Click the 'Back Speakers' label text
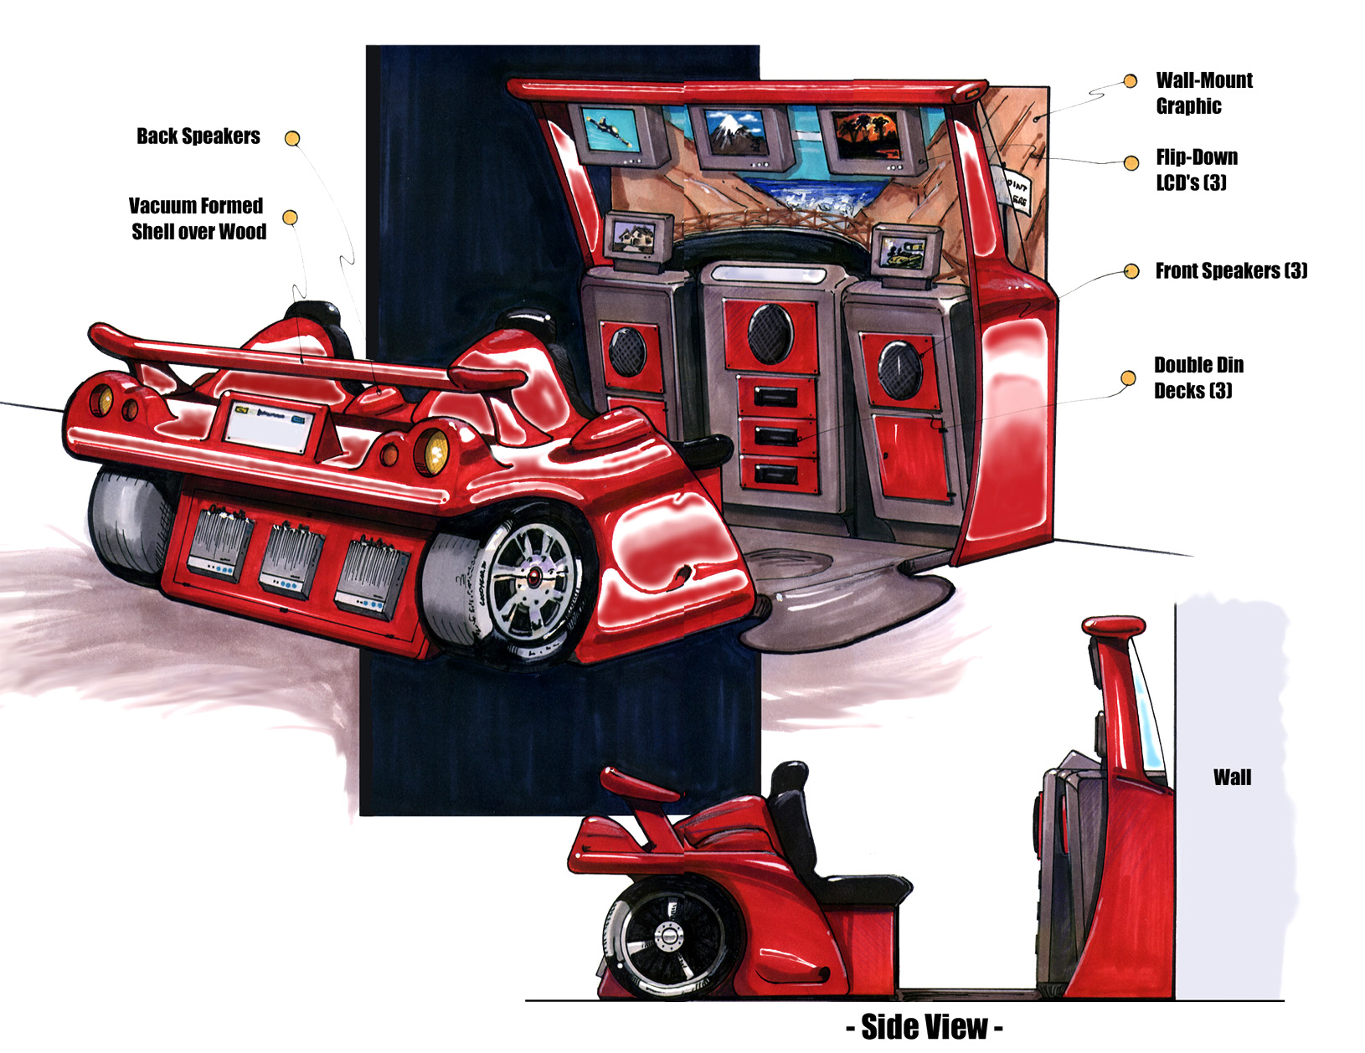[198, 136]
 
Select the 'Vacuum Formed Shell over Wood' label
[198, 218]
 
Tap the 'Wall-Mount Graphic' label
[1203, 93]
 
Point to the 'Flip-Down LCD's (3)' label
[1196, 170]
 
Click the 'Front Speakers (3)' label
[1230, 270]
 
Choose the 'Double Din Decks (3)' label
[1198, 378]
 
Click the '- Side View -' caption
[924, 1027]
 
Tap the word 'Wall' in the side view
[1232, 778]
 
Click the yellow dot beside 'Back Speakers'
[292, 138]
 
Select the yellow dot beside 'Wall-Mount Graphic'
[1131, 81]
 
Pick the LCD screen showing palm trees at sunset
[868, 135]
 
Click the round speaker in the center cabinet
[770, 332]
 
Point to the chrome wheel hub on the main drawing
[533, 576]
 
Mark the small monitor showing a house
[638, 237]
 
